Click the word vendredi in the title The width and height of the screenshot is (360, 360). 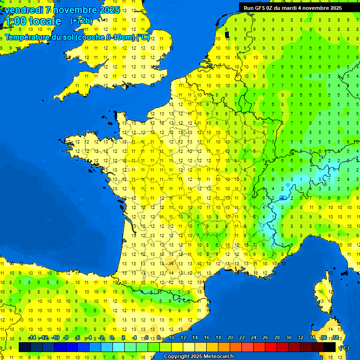tap(24, 10)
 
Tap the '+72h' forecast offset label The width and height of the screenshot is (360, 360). tap(81, 21)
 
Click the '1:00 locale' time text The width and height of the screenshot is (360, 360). tap(32, 21)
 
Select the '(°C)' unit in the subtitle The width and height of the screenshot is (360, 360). tap(143, 37)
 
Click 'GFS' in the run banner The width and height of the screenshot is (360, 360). tap(261, 7)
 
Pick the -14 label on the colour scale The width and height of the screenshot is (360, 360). tap(32, 337)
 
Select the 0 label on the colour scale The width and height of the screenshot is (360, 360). tap(112, 337)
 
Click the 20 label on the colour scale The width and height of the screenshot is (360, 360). tap(230, 337)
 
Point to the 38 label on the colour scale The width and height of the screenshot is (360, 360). tap(335, 337)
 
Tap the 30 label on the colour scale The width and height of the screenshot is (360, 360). tap(288, 337)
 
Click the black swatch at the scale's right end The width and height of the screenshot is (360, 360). tap(330, 347)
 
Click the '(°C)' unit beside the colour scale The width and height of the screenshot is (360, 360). tap(344, 348)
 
